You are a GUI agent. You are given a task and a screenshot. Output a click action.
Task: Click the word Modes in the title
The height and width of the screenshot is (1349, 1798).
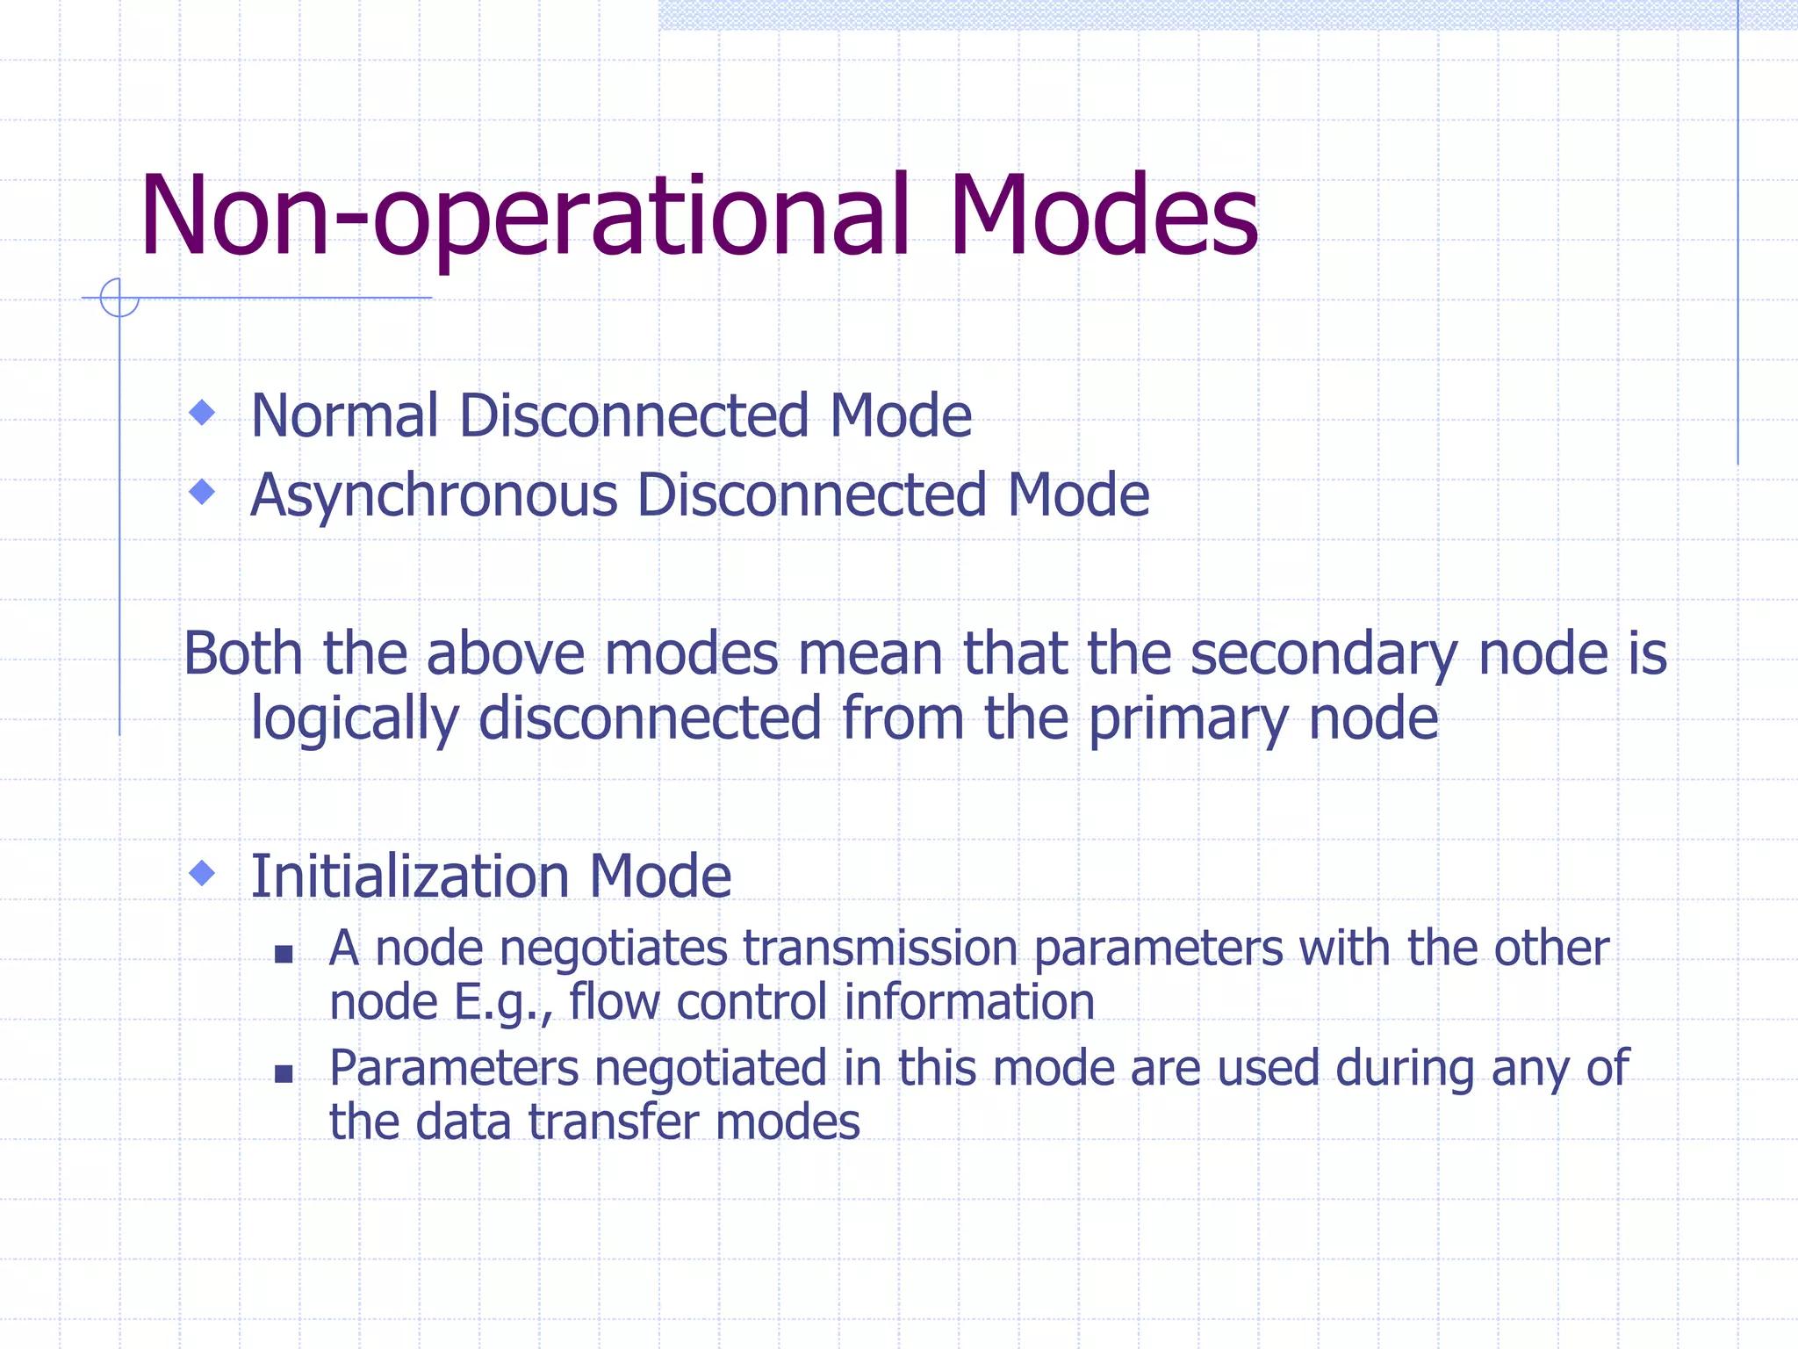[1103, 216]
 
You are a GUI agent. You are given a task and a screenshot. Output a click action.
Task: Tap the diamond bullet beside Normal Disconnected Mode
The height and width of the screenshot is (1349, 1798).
[203, 412]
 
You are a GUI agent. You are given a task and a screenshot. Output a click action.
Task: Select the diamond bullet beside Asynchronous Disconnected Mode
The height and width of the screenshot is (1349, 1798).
[203, 492]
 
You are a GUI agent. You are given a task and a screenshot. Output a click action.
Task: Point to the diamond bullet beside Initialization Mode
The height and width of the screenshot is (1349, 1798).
[203, 873]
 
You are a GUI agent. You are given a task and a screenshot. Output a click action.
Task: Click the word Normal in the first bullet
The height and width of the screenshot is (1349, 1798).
[344, 415]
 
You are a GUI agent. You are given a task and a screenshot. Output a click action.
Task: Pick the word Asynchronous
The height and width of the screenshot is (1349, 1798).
[434, 496]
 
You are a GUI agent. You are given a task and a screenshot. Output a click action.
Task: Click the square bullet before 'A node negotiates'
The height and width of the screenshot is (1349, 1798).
[283, 954]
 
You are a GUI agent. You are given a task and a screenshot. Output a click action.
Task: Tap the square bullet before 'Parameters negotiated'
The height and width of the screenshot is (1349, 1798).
[283, 1073]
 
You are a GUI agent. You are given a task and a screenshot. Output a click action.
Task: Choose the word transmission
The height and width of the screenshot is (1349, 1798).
[880, 949]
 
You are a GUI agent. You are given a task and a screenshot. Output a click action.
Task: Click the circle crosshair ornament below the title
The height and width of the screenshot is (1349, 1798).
[119, 298]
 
